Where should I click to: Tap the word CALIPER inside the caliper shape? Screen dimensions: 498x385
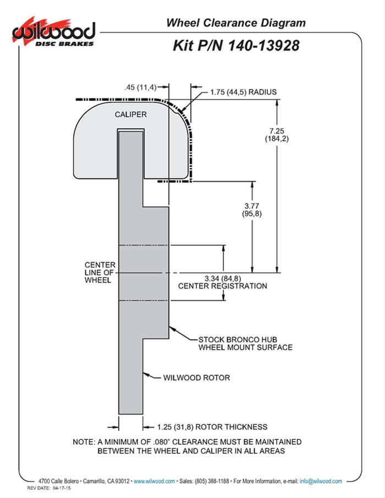click(130, 114)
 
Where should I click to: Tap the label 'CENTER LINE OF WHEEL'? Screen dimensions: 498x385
click(98, 272)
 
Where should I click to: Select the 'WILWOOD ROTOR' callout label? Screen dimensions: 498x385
click(196, 378)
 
